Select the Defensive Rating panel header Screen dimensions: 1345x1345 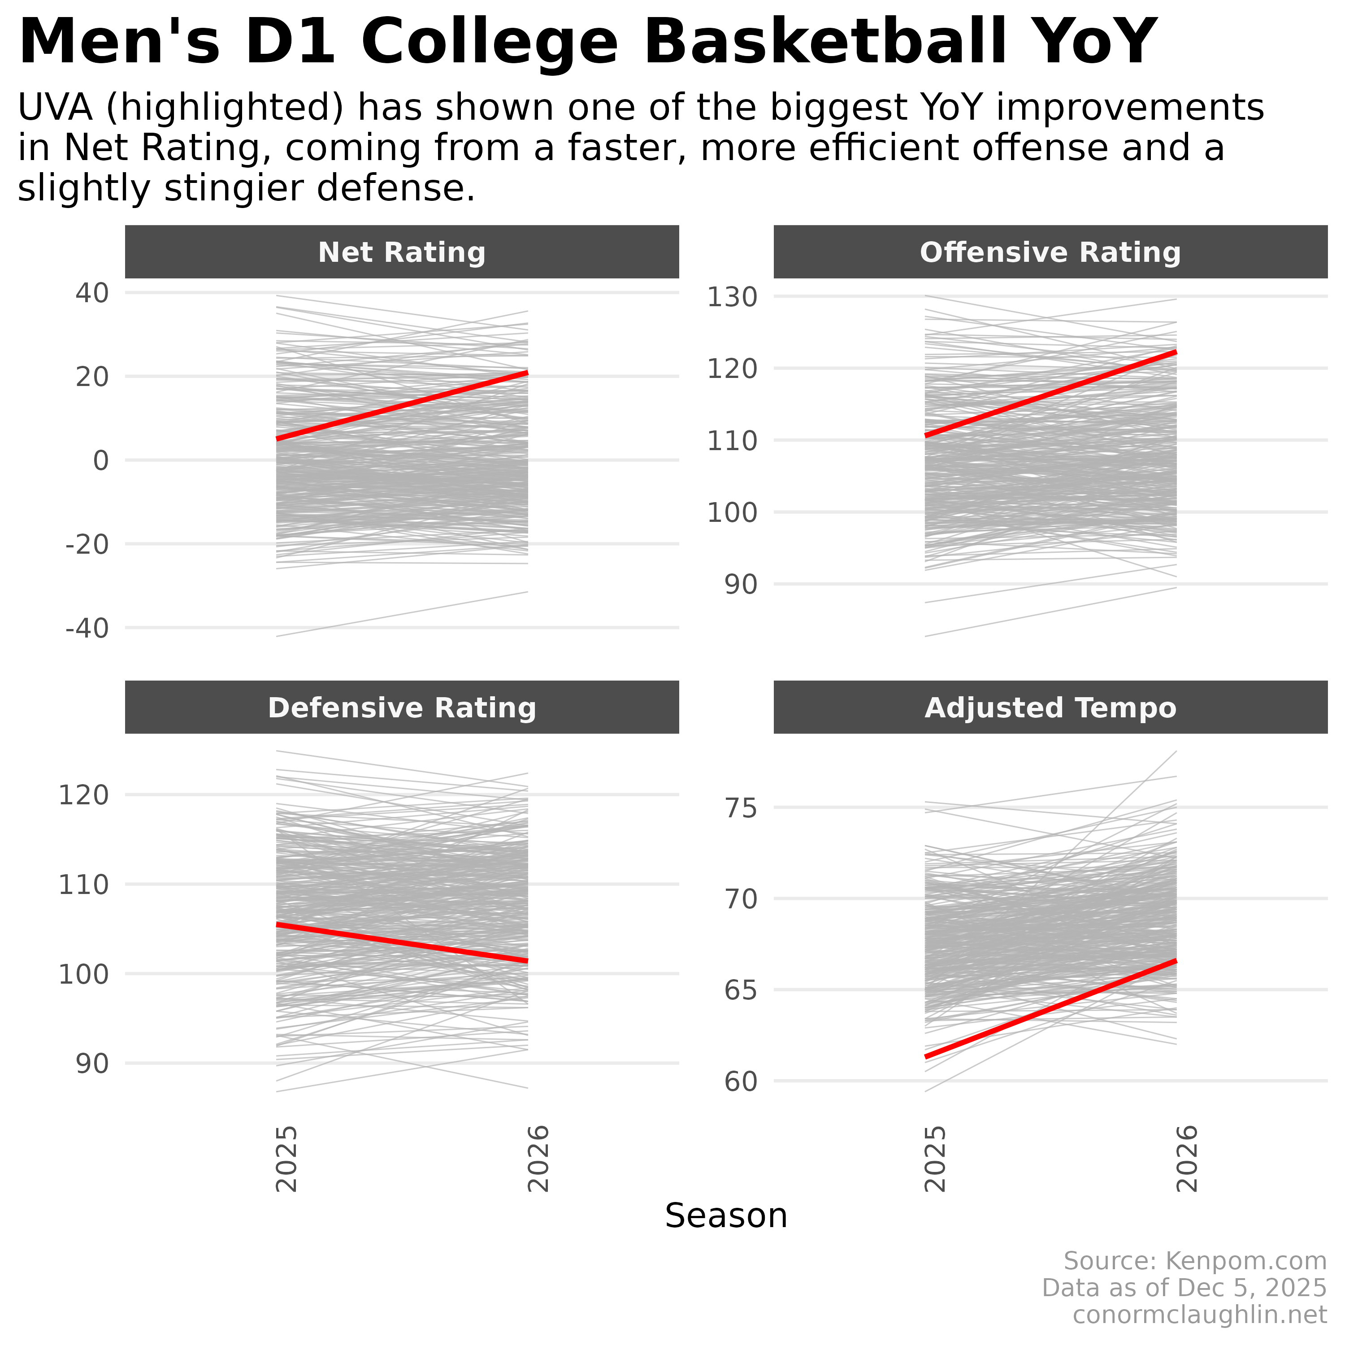tap(402, 708)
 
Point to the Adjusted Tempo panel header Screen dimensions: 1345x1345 tap(1050, 708)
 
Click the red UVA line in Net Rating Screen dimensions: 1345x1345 tap(402, 406)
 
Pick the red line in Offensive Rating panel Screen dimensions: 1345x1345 tap(1050, 394)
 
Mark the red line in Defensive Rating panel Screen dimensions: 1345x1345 tap(402, 942)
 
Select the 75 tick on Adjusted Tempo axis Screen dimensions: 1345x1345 tap(740, 809)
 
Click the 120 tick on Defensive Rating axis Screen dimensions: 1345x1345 tap(83, 795)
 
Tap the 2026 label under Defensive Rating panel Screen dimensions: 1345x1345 tap(538, 1159)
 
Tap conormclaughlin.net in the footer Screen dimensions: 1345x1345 tap(1199, 1315)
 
